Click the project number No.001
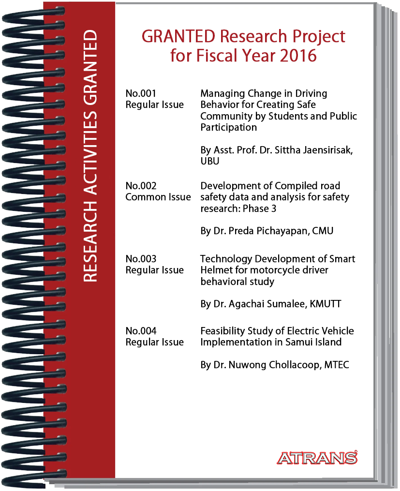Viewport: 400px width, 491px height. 141,93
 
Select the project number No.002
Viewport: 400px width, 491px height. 141,186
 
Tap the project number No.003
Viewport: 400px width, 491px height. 141,259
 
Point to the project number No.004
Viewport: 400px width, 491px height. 141,331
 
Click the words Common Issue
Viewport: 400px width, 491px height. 158,197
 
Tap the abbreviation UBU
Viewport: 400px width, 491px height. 210,161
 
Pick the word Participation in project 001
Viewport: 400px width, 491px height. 229,128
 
